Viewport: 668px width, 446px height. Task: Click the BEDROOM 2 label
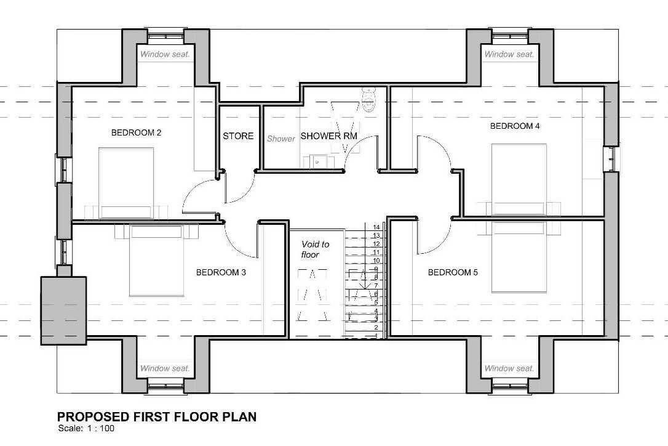(x=136, y=132)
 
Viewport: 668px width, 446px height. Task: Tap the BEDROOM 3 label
(x=221, y=272)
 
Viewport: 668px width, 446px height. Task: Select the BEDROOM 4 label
(x=515, y=126)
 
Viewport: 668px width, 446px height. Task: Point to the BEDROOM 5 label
(x=453, y=272)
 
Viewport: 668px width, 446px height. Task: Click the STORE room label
(x=238, y=136)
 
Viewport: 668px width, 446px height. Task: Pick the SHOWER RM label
(x=329, y=136)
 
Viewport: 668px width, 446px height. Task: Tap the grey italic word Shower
(x=280, y=139)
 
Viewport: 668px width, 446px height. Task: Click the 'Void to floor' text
(x=315, y=249)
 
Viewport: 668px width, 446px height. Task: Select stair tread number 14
(x=376, y=227)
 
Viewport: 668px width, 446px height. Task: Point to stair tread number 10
(x=376, y=261)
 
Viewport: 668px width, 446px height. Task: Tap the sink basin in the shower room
(x=317, y=162)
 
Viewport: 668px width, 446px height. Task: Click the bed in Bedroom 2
(x=126, y=184)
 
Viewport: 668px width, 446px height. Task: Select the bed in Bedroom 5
(x=519, y=257)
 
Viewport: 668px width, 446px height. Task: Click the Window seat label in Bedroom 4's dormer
(x=509, y=54)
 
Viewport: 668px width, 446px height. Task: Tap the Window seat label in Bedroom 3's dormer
(x=165, y=368)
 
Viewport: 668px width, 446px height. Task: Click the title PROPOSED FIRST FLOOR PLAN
(x=157, y=416)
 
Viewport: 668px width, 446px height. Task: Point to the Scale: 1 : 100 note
(x=86, y=429)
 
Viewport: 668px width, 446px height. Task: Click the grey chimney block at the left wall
(x=63, y=310)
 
